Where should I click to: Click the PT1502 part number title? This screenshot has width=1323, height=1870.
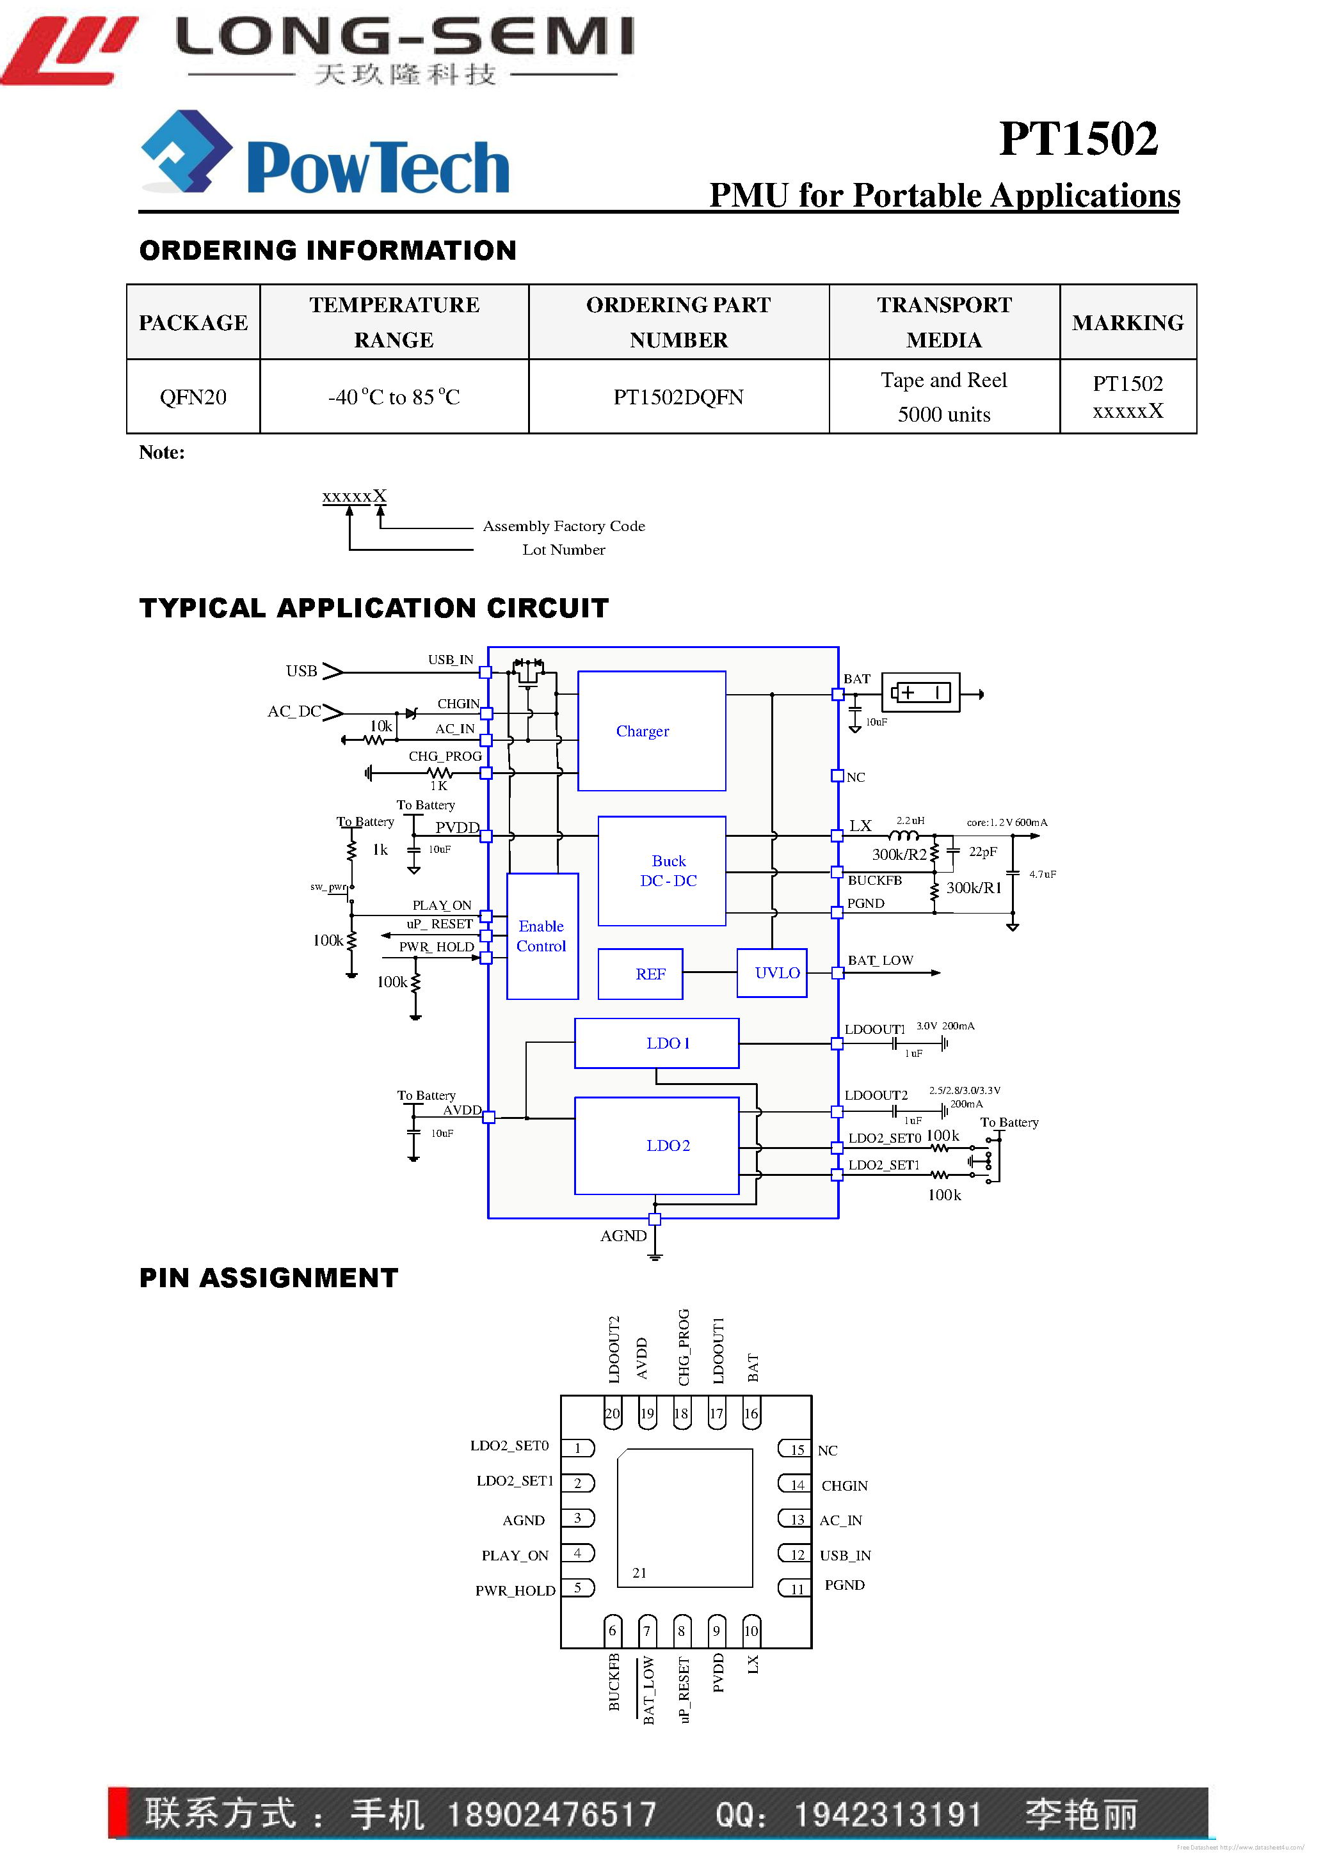coord(1077,138)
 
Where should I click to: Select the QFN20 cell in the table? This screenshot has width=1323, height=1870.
coord(193,397)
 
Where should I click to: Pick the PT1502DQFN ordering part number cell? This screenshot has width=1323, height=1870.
coord(678,397)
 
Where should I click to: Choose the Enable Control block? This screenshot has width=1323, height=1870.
coord(541,936)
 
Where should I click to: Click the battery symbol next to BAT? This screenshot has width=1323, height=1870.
coord(920,693)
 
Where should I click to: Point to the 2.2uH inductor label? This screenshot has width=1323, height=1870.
coord(910,820)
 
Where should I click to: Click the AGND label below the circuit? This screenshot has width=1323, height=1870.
coord(623,1235)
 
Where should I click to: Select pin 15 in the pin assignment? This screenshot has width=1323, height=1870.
coord(796,1450)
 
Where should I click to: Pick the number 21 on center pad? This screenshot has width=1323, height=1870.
coord(639,1573)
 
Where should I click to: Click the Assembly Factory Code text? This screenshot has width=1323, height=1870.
coord(564,526)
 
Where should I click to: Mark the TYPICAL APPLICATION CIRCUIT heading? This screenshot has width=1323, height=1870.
coord(374,608)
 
